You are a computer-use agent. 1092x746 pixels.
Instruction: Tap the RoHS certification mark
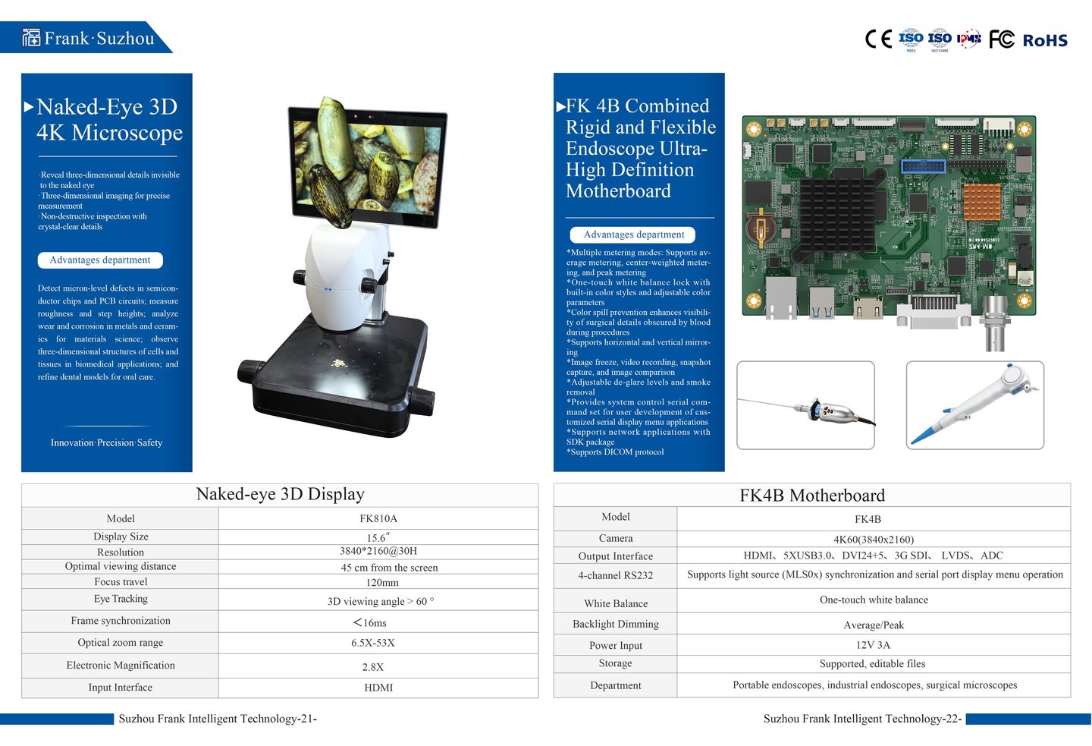[1044, 40]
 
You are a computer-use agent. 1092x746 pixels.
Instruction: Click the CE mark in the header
[878, 39]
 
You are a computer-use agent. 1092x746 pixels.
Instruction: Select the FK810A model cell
[378, 519]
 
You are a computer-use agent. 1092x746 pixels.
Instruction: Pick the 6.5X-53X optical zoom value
[372, 643]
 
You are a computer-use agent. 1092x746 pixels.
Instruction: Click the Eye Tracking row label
[121, 599]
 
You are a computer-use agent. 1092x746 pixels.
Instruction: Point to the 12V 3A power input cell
[873, 645]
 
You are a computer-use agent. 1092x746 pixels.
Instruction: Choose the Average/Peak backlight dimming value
[873, 625]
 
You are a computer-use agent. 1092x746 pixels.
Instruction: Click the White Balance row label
[616, 603]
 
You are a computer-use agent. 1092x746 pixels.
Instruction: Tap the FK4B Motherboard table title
[811, 496]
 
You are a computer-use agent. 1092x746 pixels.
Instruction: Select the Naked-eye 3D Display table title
[280, 495]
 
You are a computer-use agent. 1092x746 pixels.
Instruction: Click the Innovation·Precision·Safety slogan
[106, 442]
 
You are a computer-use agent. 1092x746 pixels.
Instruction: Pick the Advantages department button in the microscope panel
[100, 260]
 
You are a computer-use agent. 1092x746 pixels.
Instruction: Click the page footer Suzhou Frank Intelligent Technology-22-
[862, 719]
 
